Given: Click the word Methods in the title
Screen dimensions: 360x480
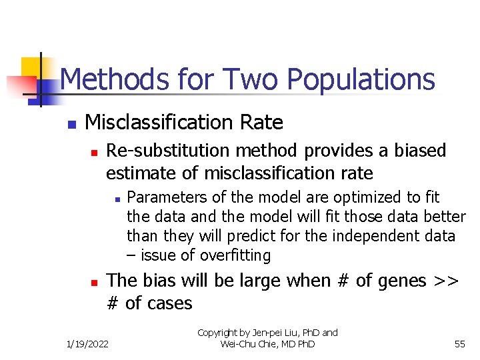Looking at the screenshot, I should coord(115,79).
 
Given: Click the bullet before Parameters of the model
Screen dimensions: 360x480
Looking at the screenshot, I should coord(116,199).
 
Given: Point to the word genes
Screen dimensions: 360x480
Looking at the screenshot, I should coord(400,281).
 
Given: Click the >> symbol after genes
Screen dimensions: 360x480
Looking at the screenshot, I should coord(445,281).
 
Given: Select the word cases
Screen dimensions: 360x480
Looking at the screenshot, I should coord(167,303).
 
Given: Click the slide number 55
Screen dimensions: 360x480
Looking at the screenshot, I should coord(459,344).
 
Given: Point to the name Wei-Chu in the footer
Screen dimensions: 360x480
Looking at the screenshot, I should coord(237,344).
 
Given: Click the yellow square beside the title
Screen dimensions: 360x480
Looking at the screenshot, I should coord(32,67).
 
